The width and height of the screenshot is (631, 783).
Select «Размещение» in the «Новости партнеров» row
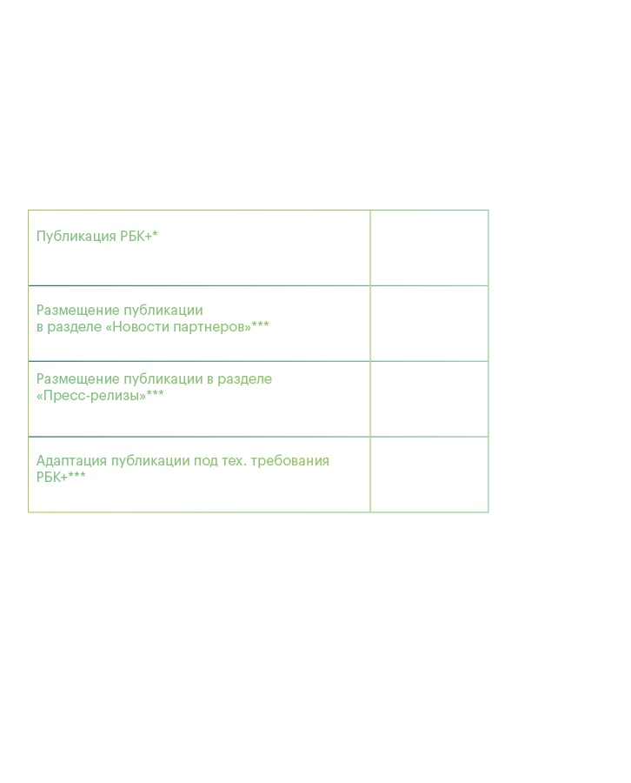pyautogui.click(x=78, y=311)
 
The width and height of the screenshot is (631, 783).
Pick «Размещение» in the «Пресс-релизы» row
pyautogui.click(x=78, y=379)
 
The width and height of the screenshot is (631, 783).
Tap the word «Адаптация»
pyautogui.click(x=71, y=461)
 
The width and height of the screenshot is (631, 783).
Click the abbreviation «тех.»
pyautogui.click(x=234, y=461)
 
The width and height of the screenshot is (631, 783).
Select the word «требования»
pyautogui.click(x=289, y=461)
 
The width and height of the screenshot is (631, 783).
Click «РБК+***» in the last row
pyautogui.click(x=61, y=478)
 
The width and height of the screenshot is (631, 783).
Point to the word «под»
pyautogui.click(x=205, y=461)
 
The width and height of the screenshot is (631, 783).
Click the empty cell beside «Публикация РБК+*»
pyautogui.click(x=429, y=248)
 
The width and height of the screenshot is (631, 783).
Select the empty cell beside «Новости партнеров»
pyautogui.click(x=429, y=324)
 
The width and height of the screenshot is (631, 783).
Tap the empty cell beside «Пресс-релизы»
pyautogui.click(x=429, y=399)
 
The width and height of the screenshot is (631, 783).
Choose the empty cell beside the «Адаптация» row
pyautogui.click(x=429, y=474)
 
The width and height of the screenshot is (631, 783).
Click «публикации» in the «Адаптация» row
pyautogui.click(x=150, y=461)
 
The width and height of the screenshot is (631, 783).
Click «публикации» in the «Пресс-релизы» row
pyautogui.click(x=163, y=379)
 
